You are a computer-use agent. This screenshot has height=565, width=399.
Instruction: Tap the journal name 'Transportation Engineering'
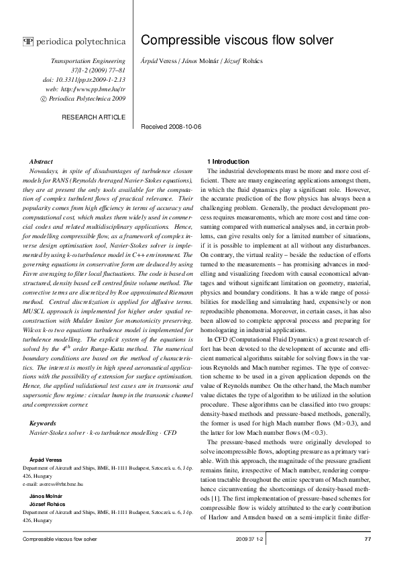tap(88, 61)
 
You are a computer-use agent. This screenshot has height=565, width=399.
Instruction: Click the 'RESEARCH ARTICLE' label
tap(93, 117)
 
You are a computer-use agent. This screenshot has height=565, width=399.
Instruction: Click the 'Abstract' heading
tap(42, 162)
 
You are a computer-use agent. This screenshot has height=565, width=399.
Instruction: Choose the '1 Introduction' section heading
tap(228, 162)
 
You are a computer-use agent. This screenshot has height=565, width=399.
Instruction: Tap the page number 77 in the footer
tap(367, 540)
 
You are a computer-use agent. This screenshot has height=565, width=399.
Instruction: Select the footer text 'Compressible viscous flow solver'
tap(60, 540)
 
